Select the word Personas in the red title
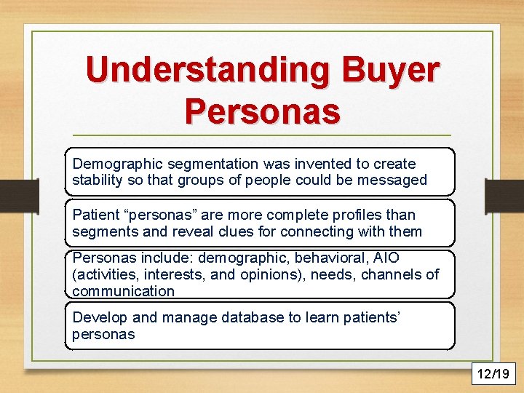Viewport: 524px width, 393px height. click(x=262, y=111)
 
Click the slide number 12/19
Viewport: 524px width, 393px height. click(x=494, y=374)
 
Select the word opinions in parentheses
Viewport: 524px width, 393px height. click(x=256, y=274)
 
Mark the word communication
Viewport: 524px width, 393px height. click(x=123, y=291)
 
